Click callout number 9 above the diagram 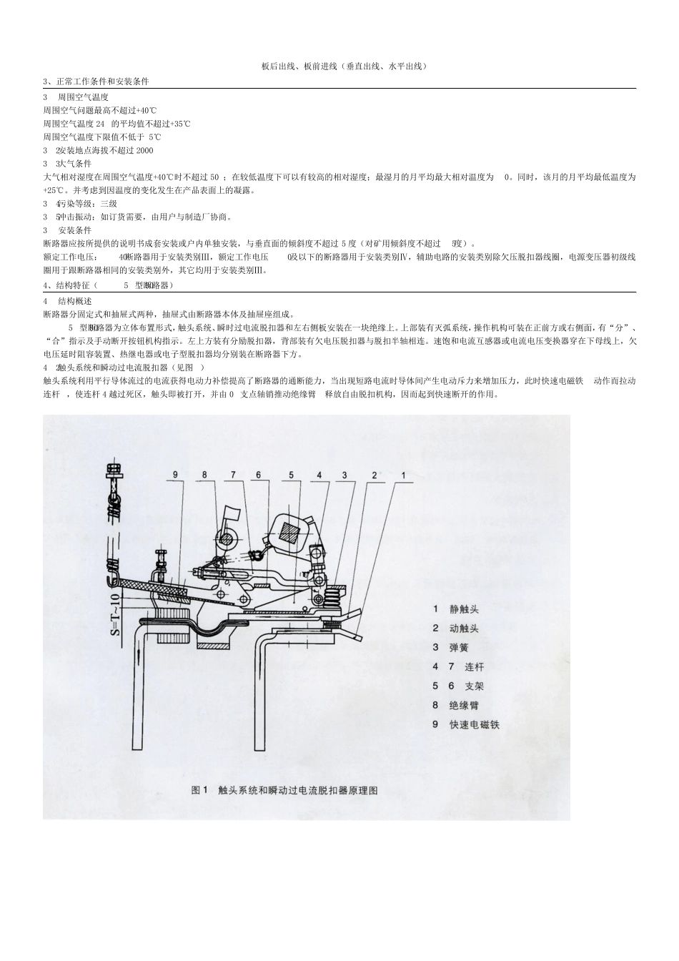pyautogui.click(x=175, y=474)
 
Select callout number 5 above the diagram pyautogui.click(x=291, y=474)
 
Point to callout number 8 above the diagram pyautogui.click(x=204, y=474)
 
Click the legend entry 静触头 pyautogui.click(x=464, y=609)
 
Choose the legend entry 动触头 pyautogui.click(x=464, y=629)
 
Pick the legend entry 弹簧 pyautogui.click(x=459, y=647)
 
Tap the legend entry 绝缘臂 pyautogui.click(x=464, y=705)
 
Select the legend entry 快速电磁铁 pyautogui.click(x=474, y=724)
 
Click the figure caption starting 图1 pyautogui.click(x=284, y=790)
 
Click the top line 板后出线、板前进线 pyautogui.click(x=344, y=66)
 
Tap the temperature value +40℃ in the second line pyautogui.click(x=145, y=111)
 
